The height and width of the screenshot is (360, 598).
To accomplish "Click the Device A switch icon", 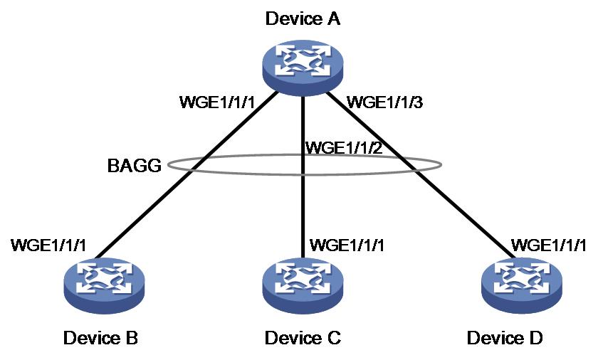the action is tap(303, 68).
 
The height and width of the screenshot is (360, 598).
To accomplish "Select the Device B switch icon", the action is tap(105, 286).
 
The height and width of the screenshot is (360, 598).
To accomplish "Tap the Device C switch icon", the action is tap(303, 286).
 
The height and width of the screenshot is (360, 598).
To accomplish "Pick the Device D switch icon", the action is tap(521, 286).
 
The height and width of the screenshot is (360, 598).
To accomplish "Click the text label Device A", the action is tap(303, 18).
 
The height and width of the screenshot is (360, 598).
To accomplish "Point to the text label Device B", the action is tap(100, 338).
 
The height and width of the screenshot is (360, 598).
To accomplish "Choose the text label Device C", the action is tap(303, 338).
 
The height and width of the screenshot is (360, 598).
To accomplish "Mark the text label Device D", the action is tap(505, 338).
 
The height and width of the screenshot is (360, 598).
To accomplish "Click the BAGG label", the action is tap(135, 166).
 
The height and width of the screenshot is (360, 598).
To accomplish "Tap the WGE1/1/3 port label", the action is tap(384, 102).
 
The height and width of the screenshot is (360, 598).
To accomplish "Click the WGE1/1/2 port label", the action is tap(344, 147).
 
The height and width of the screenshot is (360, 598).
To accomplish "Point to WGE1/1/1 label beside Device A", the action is tap(217, 102).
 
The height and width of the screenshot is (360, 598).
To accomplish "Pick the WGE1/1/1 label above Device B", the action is tap(48, 245).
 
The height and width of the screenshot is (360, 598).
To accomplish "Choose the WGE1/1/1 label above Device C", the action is tap(347, 245).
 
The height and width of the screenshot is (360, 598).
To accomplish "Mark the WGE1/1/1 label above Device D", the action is tap(548, 245).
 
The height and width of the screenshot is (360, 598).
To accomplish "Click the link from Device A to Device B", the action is tap(186, 175).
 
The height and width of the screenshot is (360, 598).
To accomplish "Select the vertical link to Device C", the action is tap(303, 177).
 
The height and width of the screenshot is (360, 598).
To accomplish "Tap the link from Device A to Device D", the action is tap(421, 175).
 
